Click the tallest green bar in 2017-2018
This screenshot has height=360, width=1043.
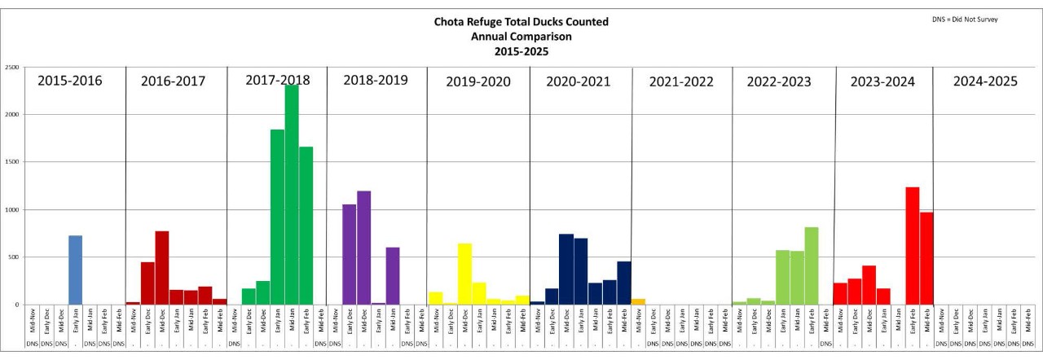291,195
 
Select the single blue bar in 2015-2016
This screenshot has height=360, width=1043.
75,270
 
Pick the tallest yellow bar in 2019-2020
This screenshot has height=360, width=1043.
464,274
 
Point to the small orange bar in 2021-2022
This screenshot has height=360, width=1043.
638,301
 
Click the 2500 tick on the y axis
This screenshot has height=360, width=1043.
12,68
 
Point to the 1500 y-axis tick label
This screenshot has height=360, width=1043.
12,162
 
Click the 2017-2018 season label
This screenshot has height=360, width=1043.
277,80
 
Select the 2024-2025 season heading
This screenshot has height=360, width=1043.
985,81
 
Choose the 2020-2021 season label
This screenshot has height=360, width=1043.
579,81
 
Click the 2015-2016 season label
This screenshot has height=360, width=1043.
69,81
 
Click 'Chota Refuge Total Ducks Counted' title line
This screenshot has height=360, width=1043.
521,22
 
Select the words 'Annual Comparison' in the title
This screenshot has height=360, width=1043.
521,37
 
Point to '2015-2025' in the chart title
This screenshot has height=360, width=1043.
521,51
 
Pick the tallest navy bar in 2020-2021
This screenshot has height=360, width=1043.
566,270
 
